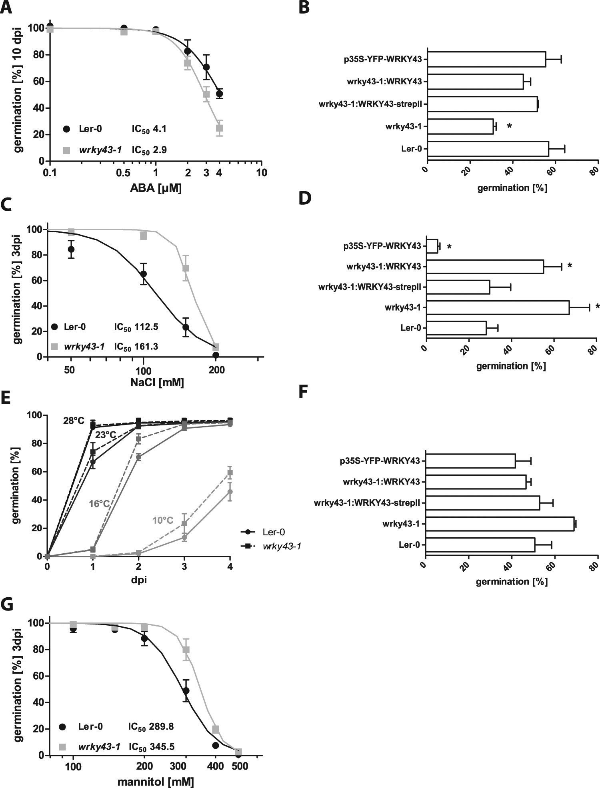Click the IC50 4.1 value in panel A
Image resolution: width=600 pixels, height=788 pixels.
pyautogui.click(x=149, y=129)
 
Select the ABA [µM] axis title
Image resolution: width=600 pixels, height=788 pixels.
pyautogui.click(x=156, y=188)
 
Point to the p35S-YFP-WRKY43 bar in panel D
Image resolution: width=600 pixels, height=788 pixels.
pyautogui.click(x=432, y=246)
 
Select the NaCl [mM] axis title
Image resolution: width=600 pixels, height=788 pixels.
pyautogui.click(x=157, y=383)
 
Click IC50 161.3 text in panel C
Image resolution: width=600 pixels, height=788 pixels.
pyautogui.click(x=136, y=346)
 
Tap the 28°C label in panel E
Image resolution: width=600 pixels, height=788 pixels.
pyautogui.click(x=73, y=421)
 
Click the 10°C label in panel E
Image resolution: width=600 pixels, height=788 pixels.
pyautogui.click(x=163, y=520)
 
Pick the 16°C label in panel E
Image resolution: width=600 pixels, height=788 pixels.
pyautogui.click(x=99, y=504)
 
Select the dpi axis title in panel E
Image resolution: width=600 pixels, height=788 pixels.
pyautogui.click(x=138, y=579)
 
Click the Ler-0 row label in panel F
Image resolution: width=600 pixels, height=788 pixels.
pyautogui.click(x=409, y=545)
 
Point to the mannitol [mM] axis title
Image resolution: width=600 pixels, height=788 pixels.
pyautogui.click(x=156, y=781)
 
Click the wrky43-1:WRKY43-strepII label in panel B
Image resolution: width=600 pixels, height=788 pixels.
pyautogui.click(x=371, y=105)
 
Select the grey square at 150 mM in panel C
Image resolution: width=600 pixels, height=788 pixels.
pyautogui.click(x=186, y=268)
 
